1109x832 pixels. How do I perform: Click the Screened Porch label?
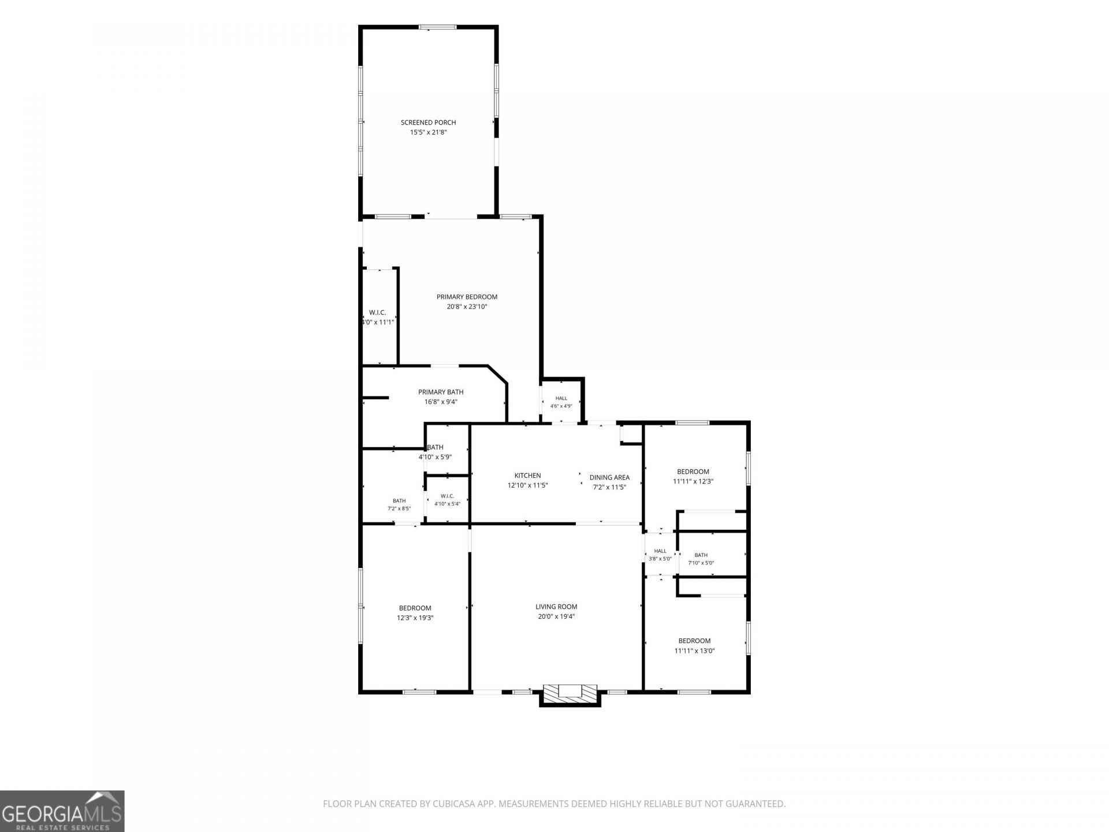(428, 122)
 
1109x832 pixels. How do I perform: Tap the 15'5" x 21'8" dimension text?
(428, 132)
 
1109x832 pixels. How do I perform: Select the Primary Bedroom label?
(467, 297)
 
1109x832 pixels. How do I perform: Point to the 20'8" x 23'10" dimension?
(467, 307)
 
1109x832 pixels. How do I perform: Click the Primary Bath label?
(441, 392)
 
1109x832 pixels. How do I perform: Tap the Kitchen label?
(528, 476)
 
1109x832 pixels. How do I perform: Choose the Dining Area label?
(609, 477)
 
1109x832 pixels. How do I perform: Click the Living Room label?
(556, 607)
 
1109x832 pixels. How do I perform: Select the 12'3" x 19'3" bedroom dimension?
(415, 618)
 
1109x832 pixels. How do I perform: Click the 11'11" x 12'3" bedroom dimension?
(693, 481)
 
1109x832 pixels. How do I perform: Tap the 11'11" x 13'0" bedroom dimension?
(694, 651)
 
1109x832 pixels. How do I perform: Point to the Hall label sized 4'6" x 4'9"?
(561, 398)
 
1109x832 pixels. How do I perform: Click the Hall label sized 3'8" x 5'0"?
(660, 551)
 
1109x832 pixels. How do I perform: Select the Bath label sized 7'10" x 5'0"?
(701, 555)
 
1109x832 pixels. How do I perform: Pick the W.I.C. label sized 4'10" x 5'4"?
(447, 496)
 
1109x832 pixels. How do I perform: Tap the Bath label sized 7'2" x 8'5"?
(399, 501)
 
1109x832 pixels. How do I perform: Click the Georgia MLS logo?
(62, 811)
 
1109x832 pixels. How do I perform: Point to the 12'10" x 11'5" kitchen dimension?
(528, 485)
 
